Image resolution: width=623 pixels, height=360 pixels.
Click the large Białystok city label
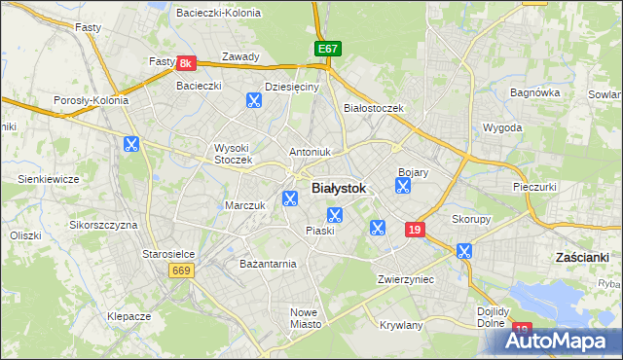click(338, 189)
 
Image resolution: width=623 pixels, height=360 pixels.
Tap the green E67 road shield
click(328, 49)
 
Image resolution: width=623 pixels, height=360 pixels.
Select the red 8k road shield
click(188, 63)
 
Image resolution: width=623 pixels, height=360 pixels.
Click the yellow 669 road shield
click(180, 270)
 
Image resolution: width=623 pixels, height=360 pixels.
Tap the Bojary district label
click(414, 172)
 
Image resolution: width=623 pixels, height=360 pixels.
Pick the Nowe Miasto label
click(305, 318)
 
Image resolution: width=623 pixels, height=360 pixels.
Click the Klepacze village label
click(128, 317)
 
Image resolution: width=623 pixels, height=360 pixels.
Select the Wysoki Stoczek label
click(234, 154)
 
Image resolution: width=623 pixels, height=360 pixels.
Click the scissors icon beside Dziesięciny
click(253, 99)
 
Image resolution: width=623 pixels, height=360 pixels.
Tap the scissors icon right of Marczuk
click(289, 199)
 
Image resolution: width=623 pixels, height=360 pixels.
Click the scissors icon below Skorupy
click(463, 251)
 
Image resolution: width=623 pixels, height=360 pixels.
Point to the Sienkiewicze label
click(48, 179)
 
